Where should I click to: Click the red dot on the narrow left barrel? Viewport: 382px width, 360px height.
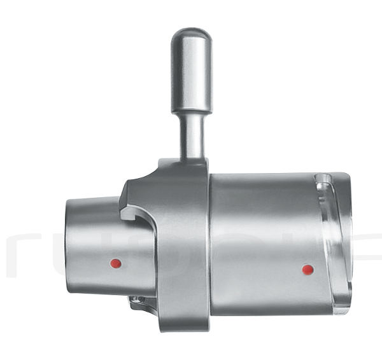pyautogui.click(x=115, y=263)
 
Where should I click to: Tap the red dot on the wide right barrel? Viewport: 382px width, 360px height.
pyautogui.click(x=308, y=270)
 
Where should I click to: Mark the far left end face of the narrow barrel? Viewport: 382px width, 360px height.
pyautogui.click(x=66, y=245)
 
